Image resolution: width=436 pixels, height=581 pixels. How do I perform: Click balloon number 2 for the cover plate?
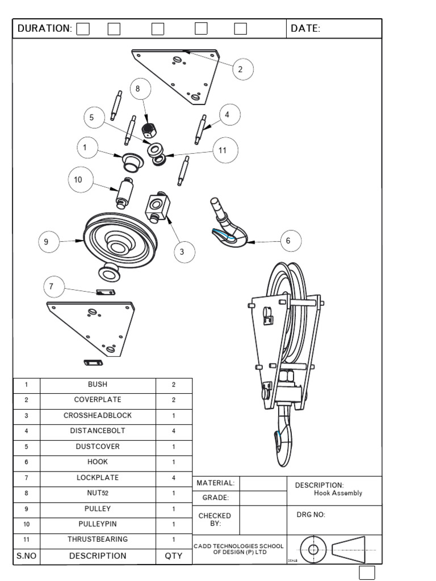[x=240, y=69]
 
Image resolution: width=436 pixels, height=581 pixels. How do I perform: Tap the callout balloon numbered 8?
[x=138, y=89]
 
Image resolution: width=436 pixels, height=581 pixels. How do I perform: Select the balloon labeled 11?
[x=223, y=150]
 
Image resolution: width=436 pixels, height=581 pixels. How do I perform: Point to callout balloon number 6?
[x=288, y=241]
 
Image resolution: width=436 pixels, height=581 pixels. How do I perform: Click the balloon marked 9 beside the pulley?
[x=47, y=242]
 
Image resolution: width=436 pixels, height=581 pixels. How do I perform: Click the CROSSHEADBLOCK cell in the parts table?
[x=98, y=415]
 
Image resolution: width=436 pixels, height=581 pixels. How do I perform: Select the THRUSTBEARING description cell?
[x=98, y=539]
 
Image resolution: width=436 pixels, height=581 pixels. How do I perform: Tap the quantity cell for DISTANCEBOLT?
[x=174, y=431]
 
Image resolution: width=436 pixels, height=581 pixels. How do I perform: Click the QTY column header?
[x=174, y=556]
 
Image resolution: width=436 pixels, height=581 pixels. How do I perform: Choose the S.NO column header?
[x=26, y=556]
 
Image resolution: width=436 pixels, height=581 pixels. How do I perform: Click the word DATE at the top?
[x=305, y=28]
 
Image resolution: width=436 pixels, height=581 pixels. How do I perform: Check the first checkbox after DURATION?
[x=83, y=29]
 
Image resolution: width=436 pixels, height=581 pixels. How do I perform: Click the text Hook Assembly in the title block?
[x=338, y=493]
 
